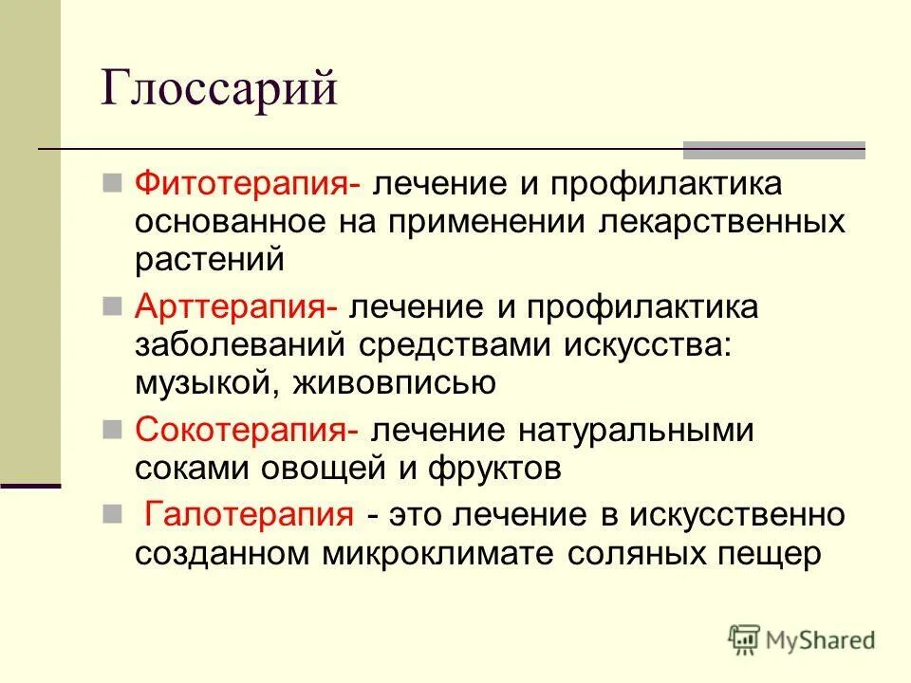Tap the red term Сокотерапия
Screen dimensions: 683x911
(243, 431)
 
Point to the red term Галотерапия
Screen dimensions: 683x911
(248, 516)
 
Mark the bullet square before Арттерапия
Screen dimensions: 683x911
(111, 306)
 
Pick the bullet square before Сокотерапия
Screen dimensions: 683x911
(111, 430)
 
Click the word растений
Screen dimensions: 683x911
(210, 260)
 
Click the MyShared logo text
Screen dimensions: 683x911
(820, 640)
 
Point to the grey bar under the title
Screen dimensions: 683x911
(774, 150)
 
